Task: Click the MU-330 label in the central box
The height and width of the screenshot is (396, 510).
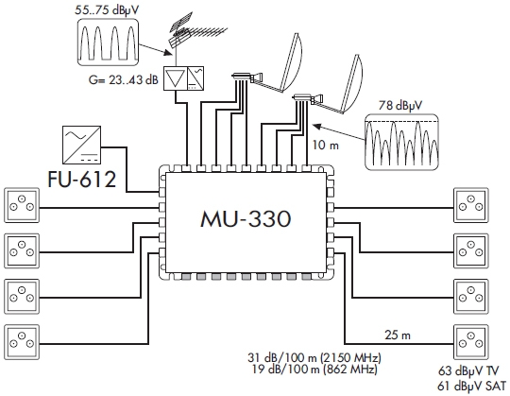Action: pyautogui.click(x=246, y=218)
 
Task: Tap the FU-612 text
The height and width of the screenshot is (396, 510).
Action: pyautogui.click(x=81, y=180)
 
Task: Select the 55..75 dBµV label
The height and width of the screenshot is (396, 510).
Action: pyautogui.click(x=107, y=9)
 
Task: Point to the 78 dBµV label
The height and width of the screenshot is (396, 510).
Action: pyautogui.click(x=400, y=106)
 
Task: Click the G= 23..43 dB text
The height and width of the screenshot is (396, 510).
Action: pyautogui.click(x=124, y=79)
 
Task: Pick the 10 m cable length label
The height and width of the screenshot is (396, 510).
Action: pyautogui.click(x=326, y=145)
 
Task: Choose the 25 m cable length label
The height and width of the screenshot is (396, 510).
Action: pyautogui.click(x=398, y=335)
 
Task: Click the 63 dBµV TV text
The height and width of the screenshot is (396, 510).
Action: pyautogui.click(x=468, y=370)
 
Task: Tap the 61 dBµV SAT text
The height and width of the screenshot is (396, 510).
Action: pyautogui.click(x=472, y=387)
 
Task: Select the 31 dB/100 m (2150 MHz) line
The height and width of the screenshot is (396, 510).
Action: pyautogui.click(x=314, y=358)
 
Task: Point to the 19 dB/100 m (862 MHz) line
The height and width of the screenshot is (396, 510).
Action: pyautogui.click(x=314, y=370)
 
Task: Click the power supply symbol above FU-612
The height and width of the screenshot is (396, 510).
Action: pyautogui.click(x=81, y=146)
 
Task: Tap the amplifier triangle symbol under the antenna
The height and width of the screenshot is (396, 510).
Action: pyautogui.click(x=175, y=78)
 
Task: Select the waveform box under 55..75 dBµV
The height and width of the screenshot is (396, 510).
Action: pyautogui.click(x=109, y=42)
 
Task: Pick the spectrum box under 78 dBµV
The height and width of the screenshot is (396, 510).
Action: pyautogui.click(x=401, y=142)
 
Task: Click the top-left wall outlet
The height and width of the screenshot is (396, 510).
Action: pyautogui.click(x=22, y=205)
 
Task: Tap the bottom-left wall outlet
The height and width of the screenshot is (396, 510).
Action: pyautogui.click(x=22, y=342)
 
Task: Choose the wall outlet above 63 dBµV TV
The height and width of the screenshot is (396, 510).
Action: pyautogui.click(x=471, y=342)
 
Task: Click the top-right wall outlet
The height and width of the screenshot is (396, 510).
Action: pyautogui.click(x=471, y=205)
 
